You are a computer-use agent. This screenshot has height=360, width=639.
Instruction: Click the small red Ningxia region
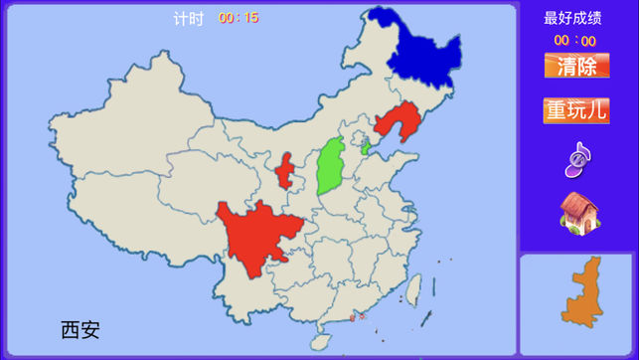tap(285, 172)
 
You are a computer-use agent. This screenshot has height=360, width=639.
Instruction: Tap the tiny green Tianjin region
tap(365, 149)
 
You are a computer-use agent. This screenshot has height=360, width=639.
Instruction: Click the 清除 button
tap(576, 67)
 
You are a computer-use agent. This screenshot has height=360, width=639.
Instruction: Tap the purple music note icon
tap(577, 158)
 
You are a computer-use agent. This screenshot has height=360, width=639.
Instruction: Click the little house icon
tap(577, 213)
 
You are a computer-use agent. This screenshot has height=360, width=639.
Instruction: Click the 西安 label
tap(80, 329)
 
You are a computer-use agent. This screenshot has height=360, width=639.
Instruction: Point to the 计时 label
tap(188, 18)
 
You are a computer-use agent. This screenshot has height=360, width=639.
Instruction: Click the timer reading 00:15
tap(239, 18)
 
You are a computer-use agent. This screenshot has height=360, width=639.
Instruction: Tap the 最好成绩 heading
tap(573, 18)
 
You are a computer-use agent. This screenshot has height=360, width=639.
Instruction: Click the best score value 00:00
tap(574, 41)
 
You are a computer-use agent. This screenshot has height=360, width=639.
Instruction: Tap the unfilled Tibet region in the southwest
tap(129, 214)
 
